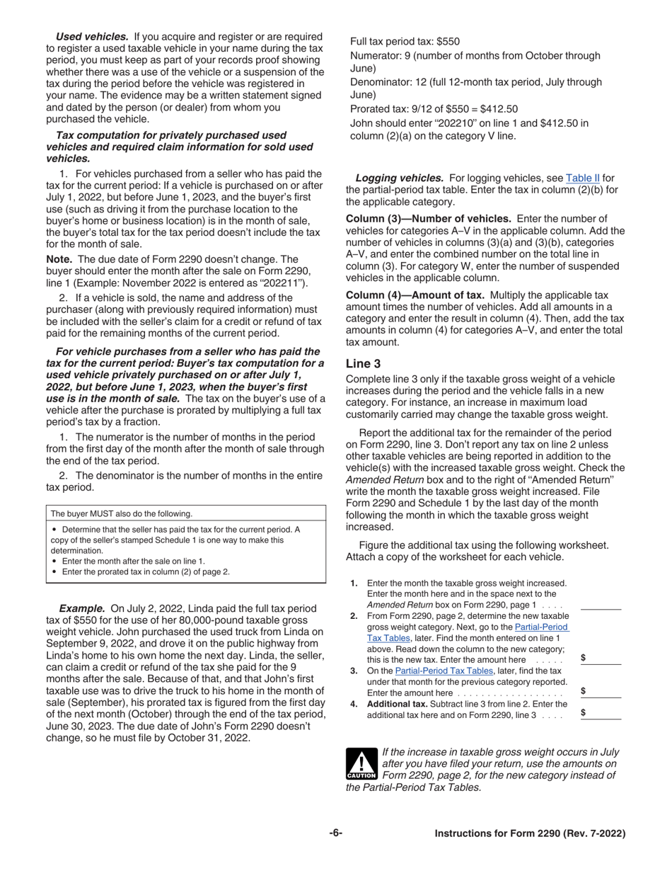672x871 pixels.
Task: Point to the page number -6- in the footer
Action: pos(335,833)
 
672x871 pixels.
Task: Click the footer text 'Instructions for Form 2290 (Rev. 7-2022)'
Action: pos(530,833)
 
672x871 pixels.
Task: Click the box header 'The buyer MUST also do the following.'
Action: pos(122,513)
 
